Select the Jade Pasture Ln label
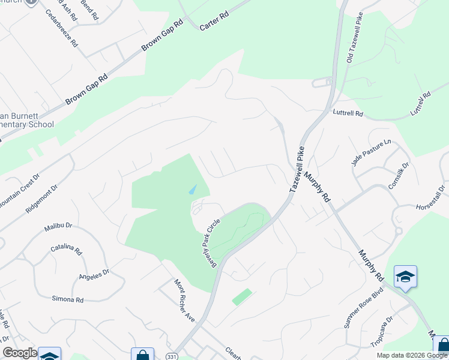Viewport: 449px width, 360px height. click(371, 152)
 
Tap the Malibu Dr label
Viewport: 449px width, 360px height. click(58, 226)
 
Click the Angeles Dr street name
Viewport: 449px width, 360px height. click(94, 275)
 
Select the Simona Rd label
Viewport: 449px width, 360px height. click(67, 299)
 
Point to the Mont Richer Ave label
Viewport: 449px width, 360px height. click(185, 300)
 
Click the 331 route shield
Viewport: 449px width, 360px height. click(172, 356)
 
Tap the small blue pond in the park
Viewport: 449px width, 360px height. click(191, 190)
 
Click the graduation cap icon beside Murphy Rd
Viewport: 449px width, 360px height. click(405, 277)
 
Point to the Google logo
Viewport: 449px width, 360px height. click(20, 353)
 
